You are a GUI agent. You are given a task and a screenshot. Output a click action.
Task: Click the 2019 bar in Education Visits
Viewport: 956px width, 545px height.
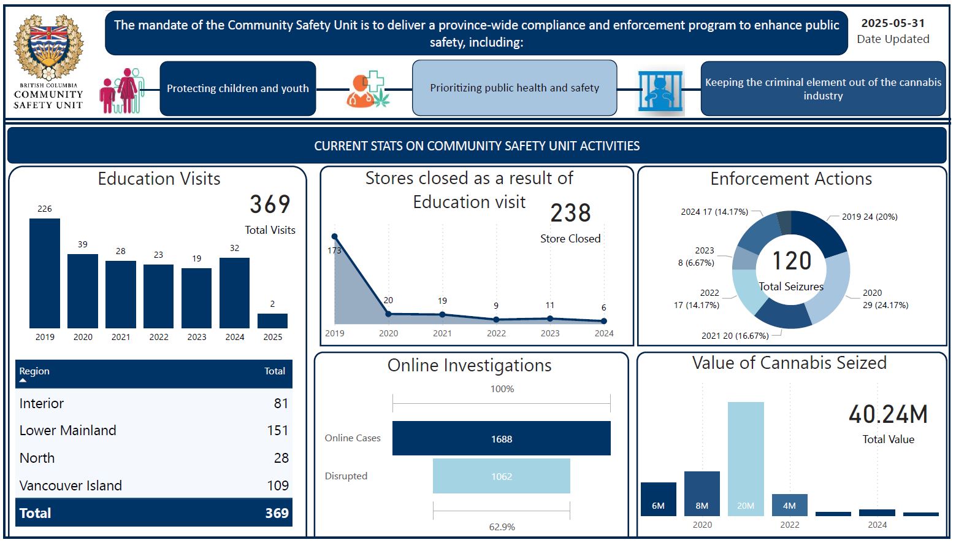pyautogui.click(x=44, y=273)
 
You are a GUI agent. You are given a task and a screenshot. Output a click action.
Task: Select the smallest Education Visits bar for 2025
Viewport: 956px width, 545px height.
pyautogui.click(x=272, y=321)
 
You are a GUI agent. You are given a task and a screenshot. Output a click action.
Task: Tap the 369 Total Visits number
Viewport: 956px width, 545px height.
pyautogui.click(x=270, y=204)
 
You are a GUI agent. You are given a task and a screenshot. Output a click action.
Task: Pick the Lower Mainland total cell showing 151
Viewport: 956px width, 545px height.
pyautogui.click(x=277, y=430)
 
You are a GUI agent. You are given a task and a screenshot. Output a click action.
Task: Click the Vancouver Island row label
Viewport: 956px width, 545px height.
pyautogui.click(x=71, y=485)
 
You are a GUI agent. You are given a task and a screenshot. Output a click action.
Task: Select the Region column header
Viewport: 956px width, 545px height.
pyautogui.click(x=34, y=371)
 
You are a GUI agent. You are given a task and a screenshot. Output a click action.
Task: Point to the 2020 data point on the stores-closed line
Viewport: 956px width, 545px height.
pyautogui.click(x=388, y=314)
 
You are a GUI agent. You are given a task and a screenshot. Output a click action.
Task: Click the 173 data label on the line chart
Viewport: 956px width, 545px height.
pyautogui.click(x=334, y=250)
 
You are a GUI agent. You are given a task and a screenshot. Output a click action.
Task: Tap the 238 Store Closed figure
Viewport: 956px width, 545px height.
pyautogui.click(x=571, y=213)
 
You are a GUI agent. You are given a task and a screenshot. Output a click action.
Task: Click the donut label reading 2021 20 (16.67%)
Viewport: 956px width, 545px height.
pyautogui.click(x=735, y=336)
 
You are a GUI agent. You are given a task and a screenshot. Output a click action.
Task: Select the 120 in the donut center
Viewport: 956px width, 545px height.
pyautogui.click(x=792, y=261)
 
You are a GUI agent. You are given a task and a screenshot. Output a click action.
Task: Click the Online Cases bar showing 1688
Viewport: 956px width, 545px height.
pyautogui.click(x=502, y=438)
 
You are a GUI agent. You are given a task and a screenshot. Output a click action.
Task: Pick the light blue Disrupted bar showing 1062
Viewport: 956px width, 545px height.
pyautogui.click(x=502, y=476)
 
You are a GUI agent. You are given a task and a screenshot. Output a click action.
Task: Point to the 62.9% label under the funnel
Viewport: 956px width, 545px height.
pyautogui.click(x=502, y=527)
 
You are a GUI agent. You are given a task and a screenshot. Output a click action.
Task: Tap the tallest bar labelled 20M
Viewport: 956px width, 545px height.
pyautogui.click(x=746, y=458)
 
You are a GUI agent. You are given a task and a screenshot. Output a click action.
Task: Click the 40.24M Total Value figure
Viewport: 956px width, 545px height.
pyautogui.click(x=888, y=414)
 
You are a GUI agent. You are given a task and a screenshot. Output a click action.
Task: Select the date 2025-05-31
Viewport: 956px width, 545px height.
pyautogui.click(x=893, y=23)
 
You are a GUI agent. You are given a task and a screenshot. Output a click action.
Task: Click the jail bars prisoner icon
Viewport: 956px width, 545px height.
pyautogui.click(x=660, y=91)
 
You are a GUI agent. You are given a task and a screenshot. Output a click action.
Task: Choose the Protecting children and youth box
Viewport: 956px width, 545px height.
pyautogui.click(x=238, y=88)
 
